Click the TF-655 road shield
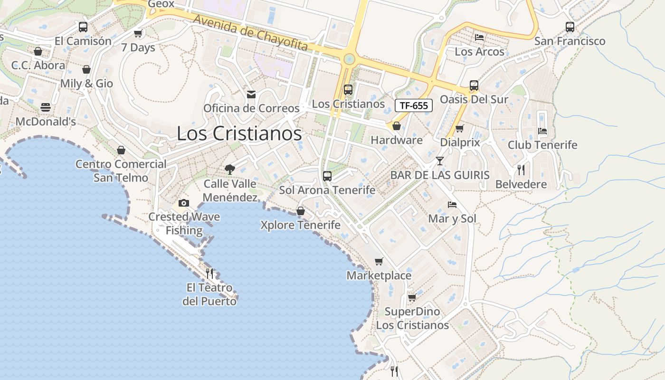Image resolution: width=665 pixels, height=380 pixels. (x=413, y=105)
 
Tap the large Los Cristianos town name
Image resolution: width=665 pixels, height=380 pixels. (x=239, y=133)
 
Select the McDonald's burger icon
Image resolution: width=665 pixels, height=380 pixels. (x=46, y=107)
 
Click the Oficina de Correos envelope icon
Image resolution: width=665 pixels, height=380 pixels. (x=251, y=95)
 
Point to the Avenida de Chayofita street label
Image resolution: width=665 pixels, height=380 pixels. (x=251, y=33)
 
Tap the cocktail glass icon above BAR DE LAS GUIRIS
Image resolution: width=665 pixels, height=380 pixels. (x=440, y=161)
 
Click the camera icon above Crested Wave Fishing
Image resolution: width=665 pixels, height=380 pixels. (x=184, y=203)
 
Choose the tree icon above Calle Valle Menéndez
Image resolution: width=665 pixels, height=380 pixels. (x=230, y=169)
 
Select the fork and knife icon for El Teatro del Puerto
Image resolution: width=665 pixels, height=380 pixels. (x=209, y=273)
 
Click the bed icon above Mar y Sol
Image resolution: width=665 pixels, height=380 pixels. (x=452, y=205)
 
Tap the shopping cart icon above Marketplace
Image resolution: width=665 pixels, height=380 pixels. (x=379, y=261)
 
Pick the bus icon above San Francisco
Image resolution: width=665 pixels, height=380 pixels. (x=570, y=27)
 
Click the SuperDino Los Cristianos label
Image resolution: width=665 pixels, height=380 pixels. (x=412, y=318)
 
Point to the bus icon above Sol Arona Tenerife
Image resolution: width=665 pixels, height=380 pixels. (x=327, y=176)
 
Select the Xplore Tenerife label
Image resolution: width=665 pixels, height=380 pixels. (x=300, y=225)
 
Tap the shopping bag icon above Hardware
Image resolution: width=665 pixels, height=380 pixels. (x=396, y=126)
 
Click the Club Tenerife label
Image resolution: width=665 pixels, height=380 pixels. (x=542, y=145)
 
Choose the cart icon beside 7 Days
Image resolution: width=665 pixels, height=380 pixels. (x=138, y=33)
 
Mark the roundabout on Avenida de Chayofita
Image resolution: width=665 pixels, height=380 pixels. (x=349, y=59)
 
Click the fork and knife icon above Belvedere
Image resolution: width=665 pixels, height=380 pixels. (x=521, y=170)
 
